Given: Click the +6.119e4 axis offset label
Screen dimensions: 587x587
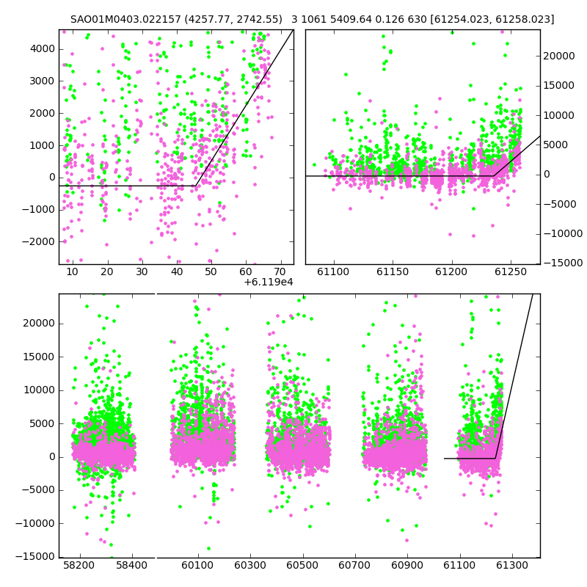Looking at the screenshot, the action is pos(269,282).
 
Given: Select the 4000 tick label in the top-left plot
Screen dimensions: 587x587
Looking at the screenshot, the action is pos(43,49).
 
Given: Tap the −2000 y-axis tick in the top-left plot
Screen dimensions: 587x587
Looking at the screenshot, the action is pos(38,242).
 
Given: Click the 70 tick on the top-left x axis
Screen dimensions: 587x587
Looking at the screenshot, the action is pos(280,271).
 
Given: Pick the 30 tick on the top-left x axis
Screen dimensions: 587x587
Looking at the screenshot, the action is pos(142,271).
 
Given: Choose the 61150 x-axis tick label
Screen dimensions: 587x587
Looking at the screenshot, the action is pos(393,271).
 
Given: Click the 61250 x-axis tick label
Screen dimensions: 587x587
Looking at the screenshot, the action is pos(511,271).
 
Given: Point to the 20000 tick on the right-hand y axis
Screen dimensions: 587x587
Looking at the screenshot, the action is pos(559,56).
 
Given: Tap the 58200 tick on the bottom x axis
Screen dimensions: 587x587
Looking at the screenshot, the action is pos(79,565).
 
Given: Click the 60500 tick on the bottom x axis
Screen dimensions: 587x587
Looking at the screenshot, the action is pos(302,565).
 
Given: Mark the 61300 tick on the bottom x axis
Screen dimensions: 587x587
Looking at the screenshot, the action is pos(511,565).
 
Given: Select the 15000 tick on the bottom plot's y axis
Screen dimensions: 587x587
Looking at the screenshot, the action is pos(40,357).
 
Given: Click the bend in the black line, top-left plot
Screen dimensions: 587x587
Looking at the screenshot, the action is pos(196,186).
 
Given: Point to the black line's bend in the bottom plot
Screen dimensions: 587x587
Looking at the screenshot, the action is pos(495,458).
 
